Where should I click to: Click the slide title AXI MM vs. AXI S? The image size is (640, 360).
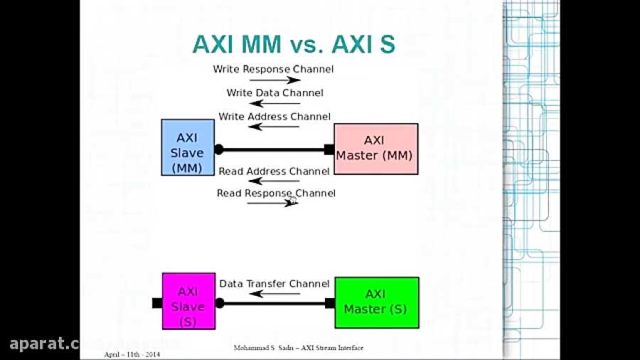tap(293, 44)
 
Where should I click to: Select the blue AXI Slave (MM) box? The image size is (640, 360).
tap(187, 147)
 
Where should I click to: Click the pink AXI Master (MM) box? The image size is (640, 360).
tap(375, 148)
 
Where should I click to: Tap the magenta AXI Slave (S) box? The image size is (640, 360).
tap(188, 300)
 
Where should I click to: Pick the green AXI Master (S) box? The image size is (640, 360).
tap(375, 302)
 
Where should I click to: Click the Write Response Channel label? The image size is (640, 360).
tap(273, 69)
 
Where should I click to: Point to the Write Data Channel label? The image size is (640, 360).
tap(274, 92)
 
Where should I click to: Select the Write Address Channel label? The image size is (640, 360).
tap(274, 117)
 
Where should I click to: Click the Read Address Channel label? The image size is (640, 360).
tap(274, 171)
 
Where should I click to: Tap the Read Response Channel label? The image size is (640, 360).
tap(276, 194)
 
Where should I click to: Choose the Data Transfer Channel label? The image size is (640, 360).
tap(274, 284)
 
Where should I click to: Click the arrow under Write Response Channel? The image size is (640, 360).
tap(274, 80)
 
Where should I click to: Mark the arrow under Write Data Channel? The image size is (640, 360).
tap(274, 104)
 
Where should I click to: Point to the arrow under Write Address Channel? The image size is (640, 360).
tap(274, 127)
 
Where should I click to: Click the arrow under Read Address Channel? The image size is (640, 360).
tap(273, 181)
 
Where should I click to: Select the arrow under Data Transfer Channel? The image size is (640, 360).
tap(273, 293)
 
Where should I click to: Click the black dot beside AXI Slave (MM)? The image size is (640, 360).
tap(219, 149)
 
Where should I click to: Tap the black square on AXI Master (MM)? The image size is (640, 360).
tap(329, 149)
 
